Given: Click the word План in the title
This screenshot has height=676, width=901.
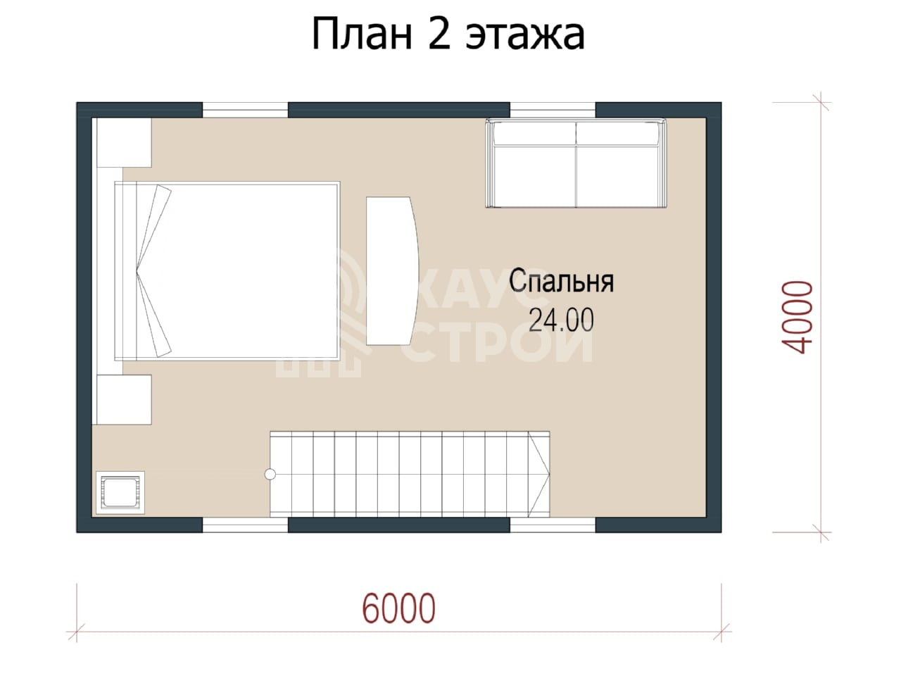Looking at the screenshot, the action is click(x=362, y=35).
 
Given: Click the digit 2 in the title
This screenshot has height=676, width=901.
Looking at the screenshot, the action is click(x=440, y=35).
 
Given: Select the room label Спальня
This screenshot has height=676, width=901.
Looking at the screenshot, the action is click(x=561, y=281).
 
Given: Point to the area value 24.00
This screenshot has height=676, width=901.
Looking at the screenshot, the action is click(x=561, y=320).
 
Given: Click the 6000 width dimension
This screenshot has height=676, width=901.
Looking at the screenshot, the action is click(x=398, y=608).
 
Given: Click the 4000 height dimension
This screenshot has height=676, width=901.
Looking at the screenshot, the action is click(x=798, y=317).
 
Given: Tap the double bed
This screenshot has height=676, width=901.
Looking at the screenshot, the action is click(x=227, y=271).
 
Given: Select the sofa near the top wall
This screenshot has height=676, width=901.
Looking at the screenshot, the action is click(x=576, y=163).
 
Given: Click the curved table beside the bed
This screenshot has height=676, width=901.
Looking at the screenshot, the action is click(x=392, y=271).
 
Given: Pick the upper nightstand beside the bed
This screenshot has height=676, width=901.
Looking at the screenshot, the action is click(x=124, y=142).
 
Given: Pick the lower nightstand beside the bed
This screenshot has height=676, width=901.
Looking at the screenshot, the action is click(x=124, y=399).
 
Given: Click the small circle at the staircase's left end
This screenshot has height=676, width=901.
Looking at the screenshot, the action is click(x=270, y=474).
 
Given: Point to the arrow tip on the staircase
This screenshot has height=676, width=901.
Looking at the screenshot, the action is click(x=549, y=474).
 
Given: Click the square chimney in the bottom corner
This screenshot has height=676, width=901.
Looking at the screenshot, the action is click(x=120, y=492).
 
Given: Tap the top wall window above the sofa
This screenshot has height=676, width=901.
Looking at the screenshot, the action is click(x=553, y=110).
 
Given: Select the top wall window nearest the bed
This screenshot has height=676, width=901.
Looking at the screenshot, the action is click(x=245, y=110).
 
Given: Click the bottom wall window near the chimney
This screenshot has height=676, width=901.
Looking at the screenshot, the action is click(x=245, y=525).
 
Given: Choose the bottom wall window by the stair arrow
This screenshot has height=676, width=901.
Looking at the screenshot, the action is click(x=553, y=525).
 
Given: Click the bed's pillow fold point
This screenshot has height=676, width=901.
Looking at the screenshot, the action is click(x=137, y=270).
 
